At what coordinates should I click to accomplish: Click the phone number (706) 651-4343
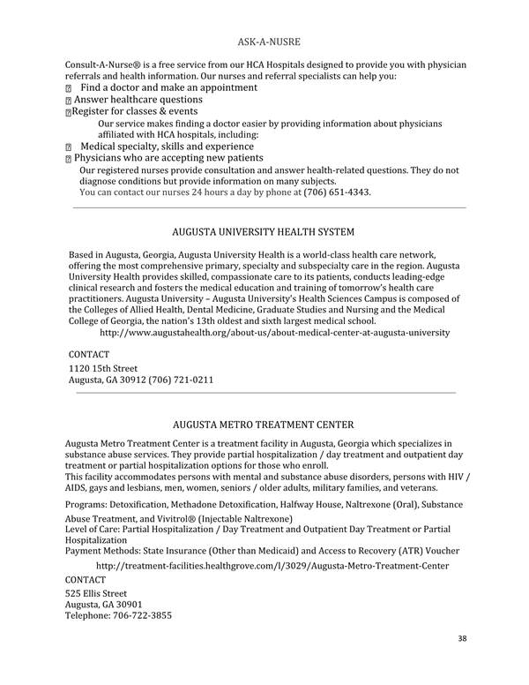(x=337, y=192)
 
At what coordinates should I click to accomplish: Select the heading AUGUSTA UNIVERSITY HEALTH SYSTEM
(x=264, y=232)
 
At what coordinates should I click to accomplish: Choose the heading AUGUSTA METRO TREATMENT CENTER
(x=264, y=424)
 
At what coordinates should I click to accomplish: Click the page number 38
(x=462, y=637)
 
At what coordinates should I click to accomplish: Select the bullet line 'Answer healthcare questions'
(x=138, y=101)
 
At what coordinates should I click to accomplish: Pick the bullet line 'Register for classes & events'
(x=134, y=112)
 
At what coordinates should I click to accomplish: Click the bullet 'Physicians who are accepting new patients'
(x=168, y=158)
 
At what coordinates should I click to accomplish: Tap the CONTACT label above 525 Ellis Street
(x=86, y=579)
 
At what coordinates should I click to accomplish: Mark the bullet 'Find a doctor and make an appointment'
(x=168, y=88)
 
